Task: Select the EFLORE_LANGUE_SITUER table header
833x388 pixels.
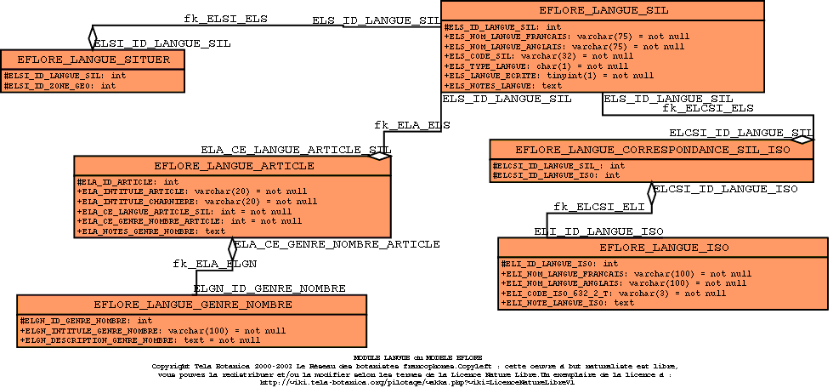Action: point(93,60)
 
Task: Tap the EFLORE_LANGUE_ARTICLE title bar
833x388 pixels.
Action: point(231,166)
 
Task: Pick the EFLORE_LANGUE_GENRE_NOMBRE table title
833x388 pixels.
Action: point(193,305)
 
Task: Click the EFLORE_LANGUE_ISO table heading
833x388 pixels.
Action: point(664,248)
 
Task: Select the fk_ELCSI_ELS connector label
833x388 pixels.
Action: point(707,109)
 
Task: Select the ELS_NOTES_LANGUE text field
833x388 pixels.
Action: point(502,86)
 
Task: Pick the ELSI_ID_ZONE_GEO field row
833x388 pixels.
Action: point(60,86)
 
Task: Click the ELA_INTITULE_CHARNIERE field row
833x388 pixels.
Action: point(196,202)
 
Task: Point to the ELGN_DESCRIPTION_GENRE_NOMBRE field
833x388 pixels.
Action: point(127,340)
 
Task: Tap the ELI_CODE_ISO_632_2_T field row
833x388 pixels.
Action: point(613,293)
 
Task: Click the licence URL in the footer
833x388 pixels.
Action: point(416,383)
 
